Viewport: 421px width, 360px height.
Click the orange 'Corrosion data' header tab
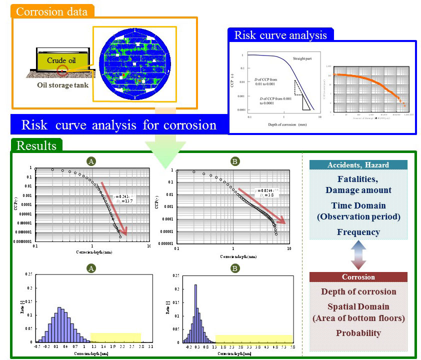point(52,10)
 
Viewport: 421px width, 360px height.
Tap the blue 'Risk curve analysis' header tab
point(280,35)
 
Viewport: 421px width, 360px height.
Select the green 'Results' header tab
point(36,145)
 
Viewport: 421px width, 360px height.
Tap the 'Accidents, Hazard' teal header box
point(358,165)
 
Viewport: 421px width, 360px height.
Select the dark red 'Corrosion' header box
point(358,276)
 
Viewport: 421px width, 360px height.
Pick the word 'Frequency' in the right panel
point(358,232)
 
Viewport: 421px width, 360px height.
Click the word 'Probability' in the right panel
point(358,333)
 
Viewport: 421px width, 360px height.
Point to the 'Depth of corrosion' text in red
point(358,291)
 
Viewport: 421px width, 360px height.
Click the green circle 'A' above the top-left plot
point(91,161)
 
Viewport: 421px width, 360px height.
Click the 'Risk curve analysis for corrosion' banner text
point(119,124)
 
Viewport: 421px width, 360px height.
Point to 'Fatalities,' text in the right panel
point(358,180)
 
